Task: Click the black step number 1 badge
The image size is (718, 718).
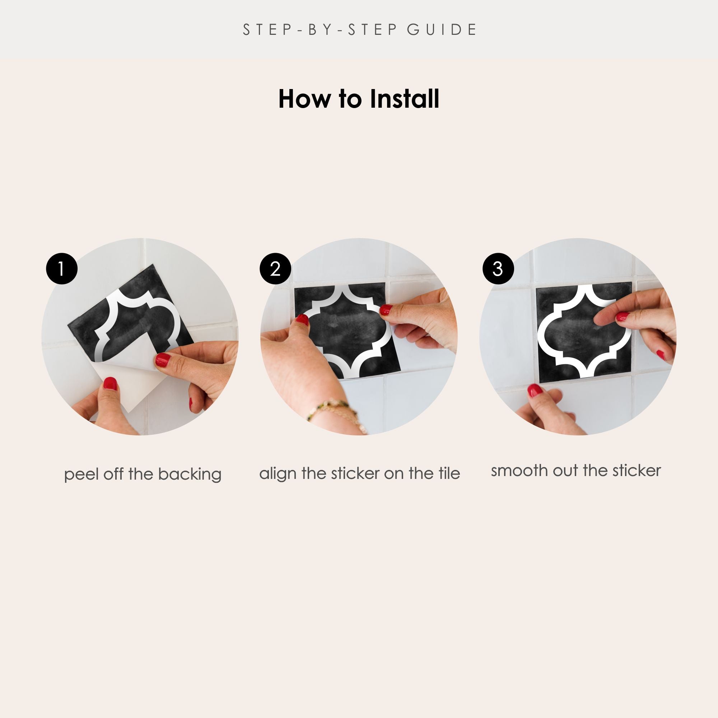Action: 62,269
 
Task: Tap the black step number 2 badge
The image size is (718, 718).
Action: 275,269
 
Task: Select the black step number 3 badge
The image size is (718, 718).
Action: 498,269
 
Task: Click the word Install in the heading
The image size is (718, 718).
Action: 404,99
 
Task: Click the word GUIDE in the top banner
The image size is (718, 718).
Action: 442,30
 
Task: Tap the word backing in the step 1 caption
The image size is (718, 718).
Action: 190,475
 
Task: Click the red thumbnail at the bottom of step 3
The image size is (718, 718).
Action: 535,391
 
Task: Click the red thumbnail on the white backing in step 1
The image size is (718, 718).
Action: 110,383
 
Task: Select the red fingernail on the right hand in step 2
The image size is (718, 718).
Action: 386,309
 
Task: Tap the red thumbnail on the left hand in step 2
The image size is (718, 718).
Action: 303,320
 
